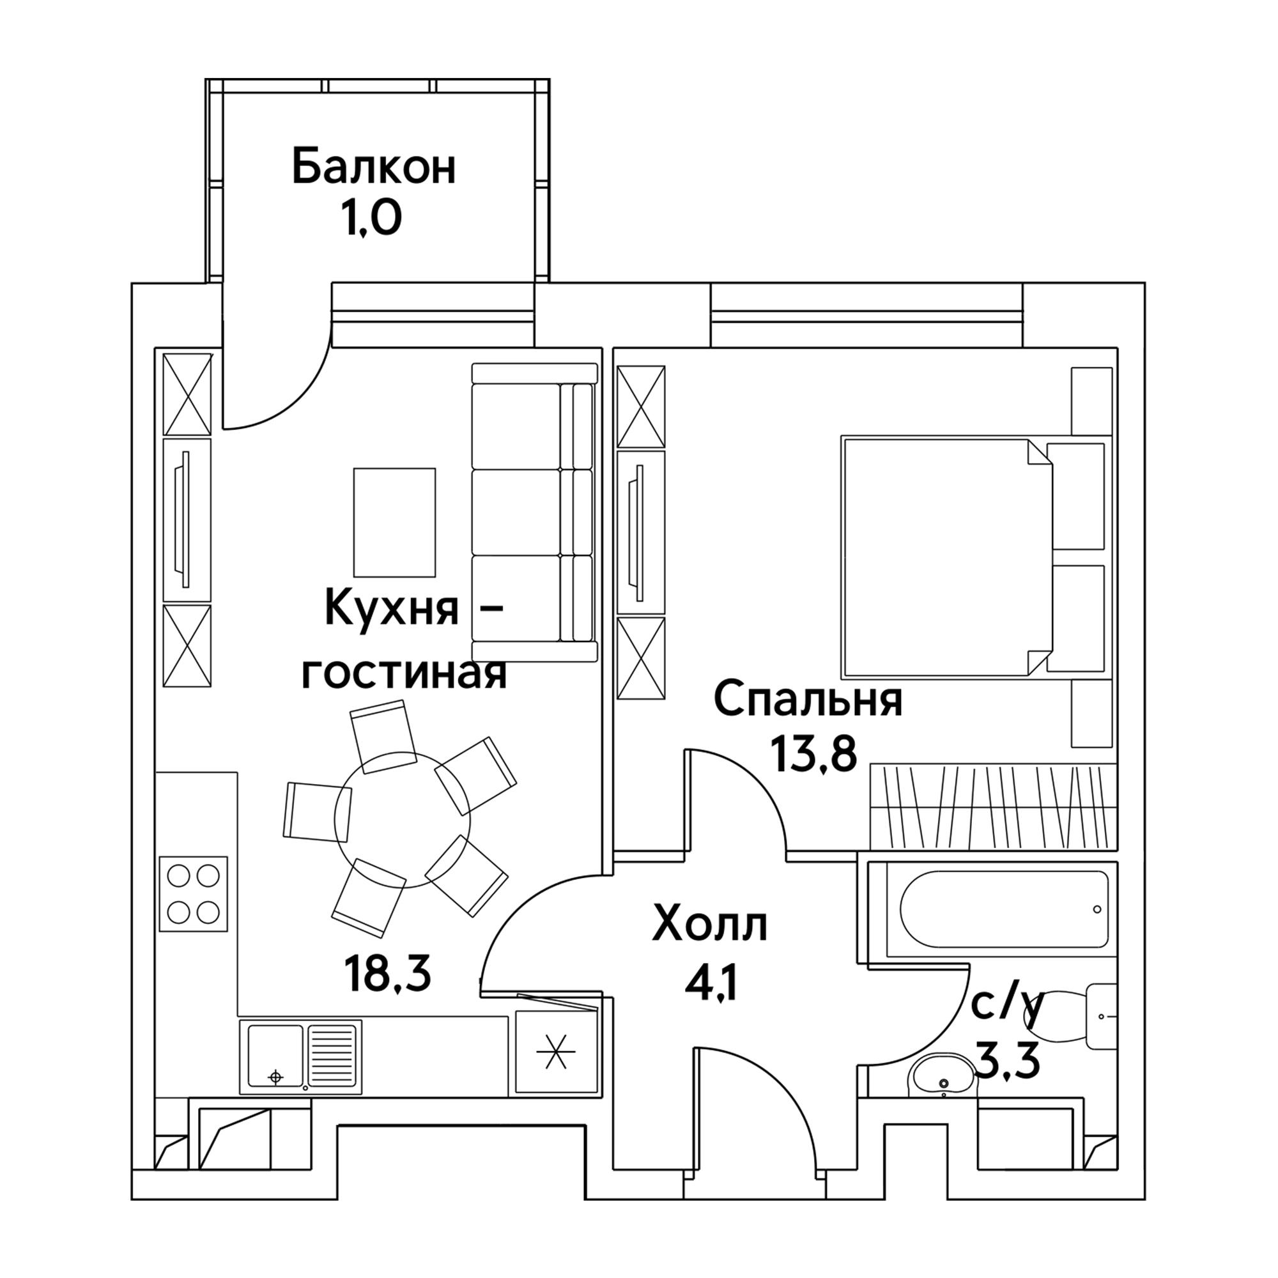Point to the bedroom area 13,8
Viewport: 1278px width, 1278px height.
pos(814,753)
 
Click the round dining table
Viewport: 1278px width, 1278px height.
pos(402,820)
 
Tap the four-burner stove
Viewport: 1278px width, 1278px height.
pos(193,894)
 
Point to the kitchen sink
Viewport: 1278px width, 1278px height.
pos(305,1056)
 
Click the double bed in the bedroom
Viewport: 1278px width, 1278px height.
pos(974,556)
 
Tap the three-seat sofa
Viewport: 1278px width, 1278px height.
pos(534,512)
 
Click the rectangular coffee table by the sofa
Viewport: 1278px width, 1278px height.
pos(394,522)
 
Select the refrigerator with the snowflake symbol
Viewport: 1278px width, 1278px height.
pos(557,1052)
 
